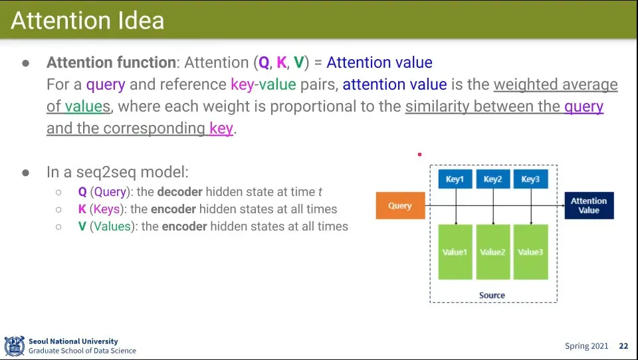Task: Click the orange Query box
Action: [400, 205]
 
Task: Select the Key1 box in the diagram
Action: [455, 179]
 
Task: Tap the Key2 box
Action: [492, 179]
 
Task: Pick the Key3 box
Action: [530, 179]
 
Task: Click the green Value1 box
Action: [455, 252]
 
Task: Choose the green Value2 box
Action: [492, 252]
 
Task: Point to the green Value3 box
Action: [530, 252]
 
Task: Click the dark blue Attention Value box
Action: [589, 205]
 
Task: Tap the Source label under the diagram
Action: [492, 296]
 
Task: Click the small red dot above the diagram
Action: [419, 154]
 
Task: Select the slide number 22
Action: [623, 346]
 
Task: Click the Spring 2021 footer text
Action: [586, 346]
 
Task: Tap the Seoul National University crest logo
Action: [14, 346]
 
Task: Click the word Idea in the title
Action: [141, 21]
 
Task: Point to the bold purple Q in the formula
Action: [264, 62]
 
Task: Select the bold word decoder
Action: [180, 191]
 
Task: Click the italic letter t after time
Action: [320, 192]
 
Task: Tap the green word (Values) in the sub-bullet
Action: [112, 226]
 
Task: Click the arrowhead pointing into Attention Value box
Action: [563, 205]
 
